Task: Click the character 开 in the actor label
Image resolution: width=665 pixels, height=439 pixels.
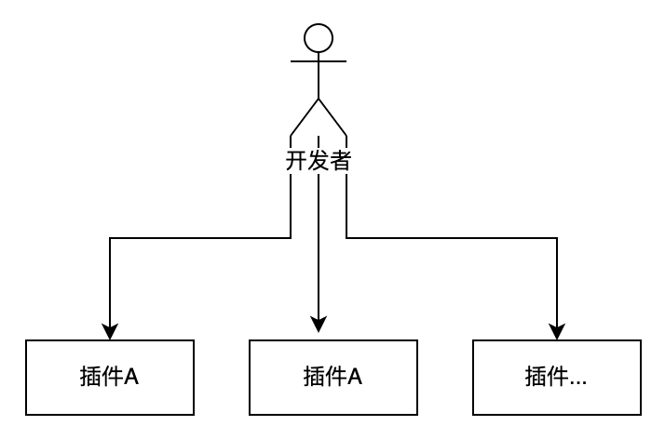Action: pos(296,160)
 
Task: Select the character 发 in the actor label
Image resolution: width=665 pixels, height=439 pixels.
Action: pos(319,160)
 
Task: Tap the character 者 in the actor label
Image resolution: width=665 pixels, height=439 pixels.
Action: pos(341,160)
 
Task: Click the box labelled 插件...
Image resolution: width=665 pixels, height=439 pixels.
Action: pos(557,377)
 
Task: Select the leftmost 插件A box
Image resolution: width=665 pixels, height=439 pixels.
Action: pos(110,377)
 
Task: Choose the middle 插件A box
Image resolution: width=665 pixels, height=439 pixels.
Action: pos(333,377)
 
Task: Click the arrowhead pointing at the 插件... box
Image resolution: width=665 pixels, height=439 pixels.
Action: pos(557,331)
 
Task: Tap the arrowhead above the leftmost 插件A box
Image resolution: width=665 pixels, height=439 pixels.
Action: pos(110,331)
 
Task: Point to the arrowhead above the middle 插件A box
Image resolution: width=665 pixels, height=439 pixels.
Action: pos(319,324)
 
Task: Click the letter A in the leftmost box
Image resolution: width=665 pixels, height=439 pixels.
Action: pos(132,377)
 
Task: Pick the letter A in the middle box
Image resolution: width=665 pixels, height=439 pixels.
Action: pos(355,377)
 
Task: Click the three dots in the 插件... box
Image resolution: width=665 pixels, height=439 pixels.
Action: pos(578,379)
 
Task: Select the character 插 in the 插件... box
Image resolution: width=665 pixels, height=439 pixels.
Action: pos(536,377)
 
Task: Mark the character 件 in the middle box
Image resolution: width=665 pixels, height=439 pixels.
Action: pos(334,377)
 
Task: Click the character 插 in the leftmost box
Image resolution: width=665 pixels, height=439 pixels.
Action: pos(92,377)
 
